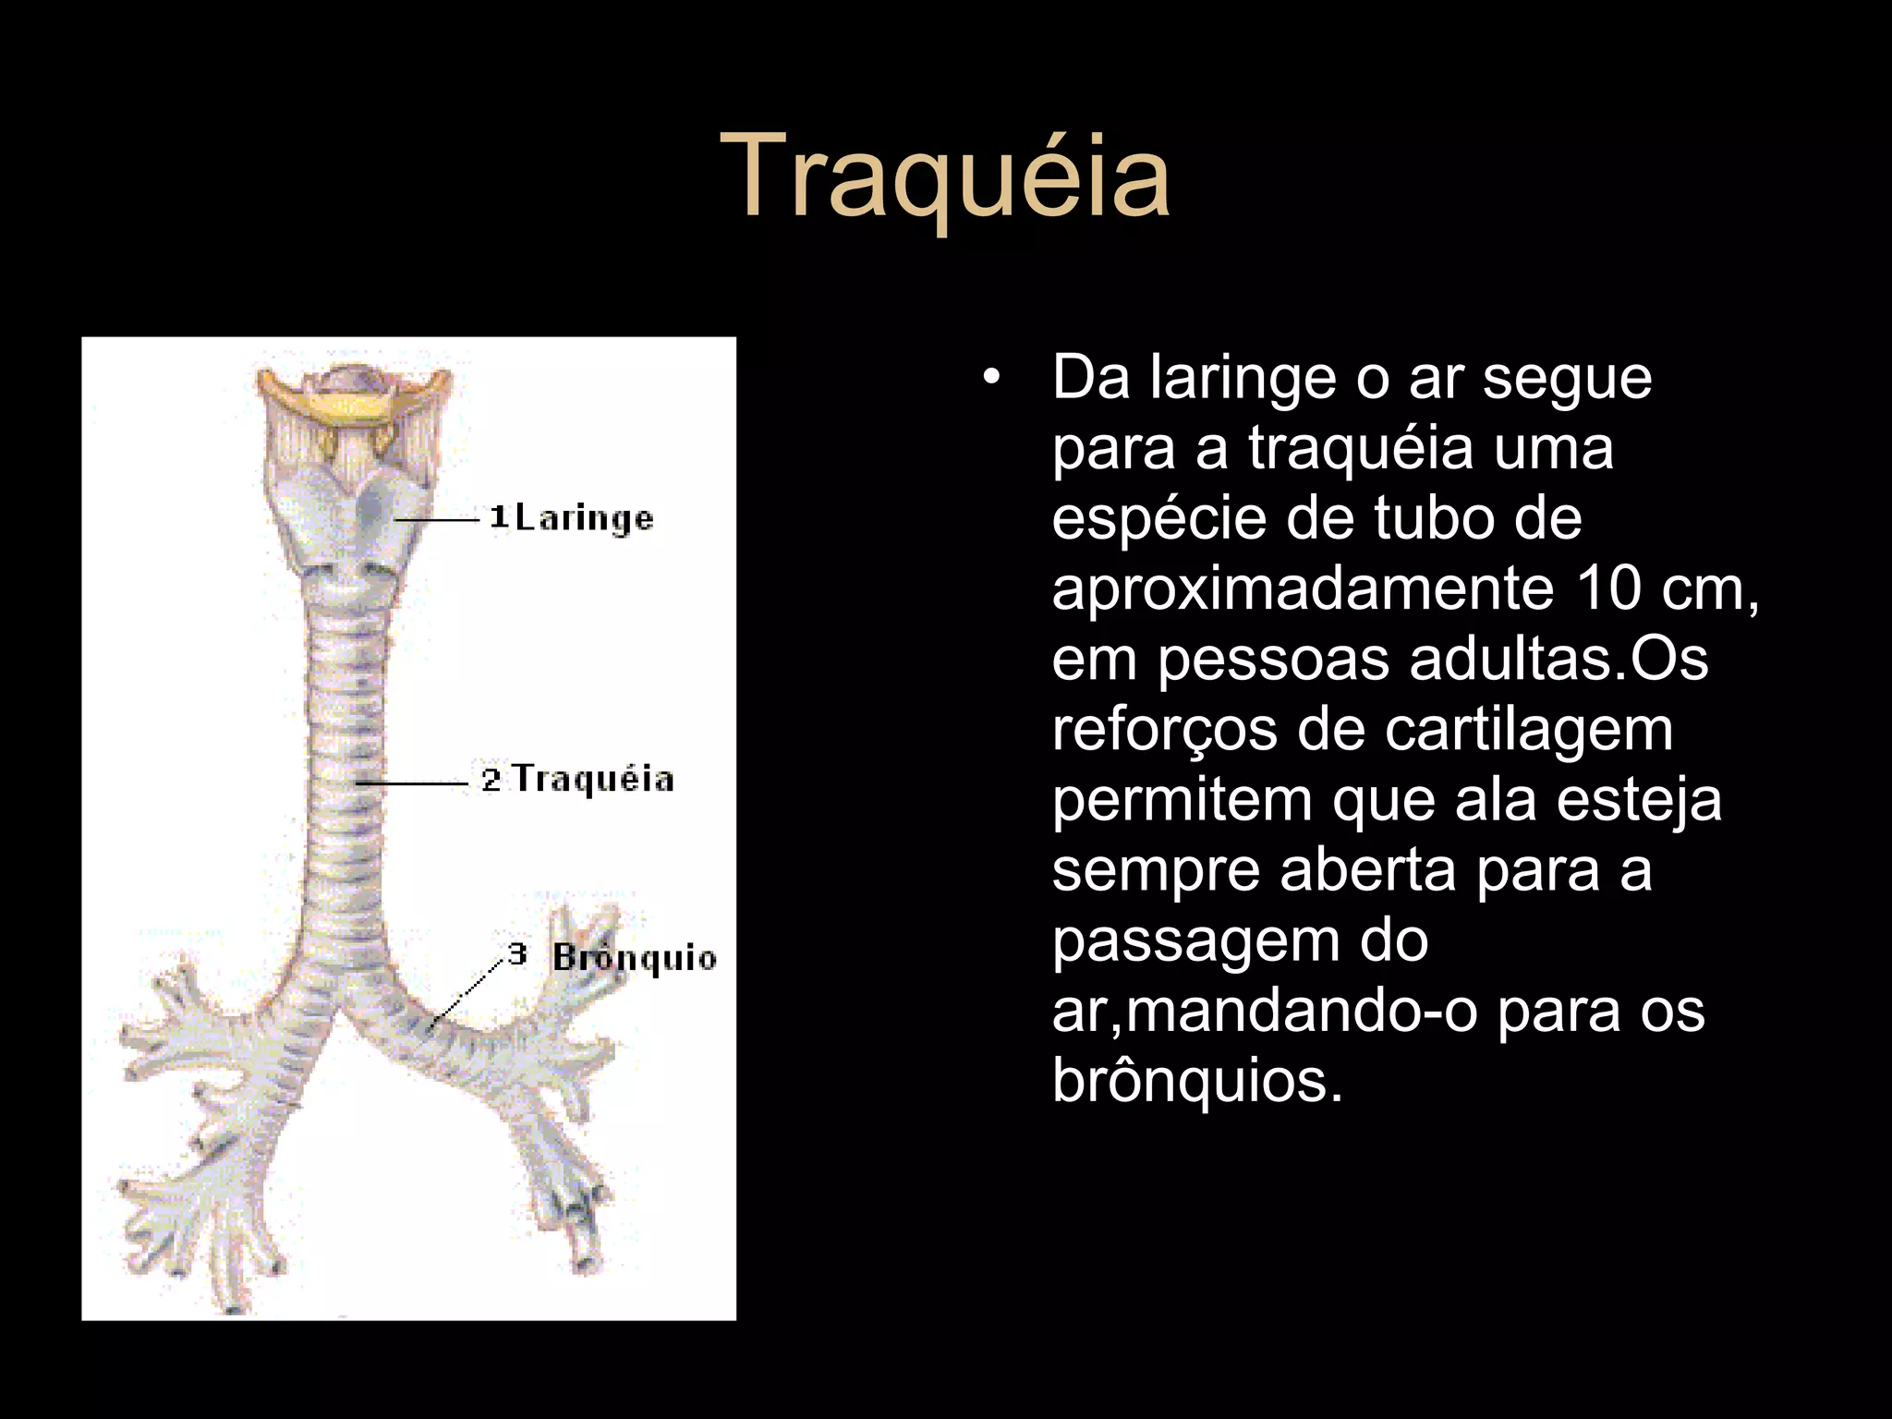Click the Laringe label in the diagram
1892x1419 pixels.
click(x=584, y=518)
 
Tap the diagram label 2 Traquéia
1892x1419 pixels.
click(x=578, y=780)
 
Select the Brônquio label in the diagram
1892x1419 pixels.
click(x=635, y=958)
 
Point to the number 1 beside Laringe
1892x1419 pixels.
click(x=499, y=516)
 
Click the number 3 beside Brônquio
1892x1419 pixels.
click(x=517, y=952)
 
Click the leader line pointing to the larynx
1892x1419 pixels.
click(x=438, y=521)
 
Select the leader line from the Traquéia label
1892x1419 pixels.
click(x=412, y=783)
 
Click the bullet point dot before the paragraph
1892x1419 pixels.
click(x=991, y=379)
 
